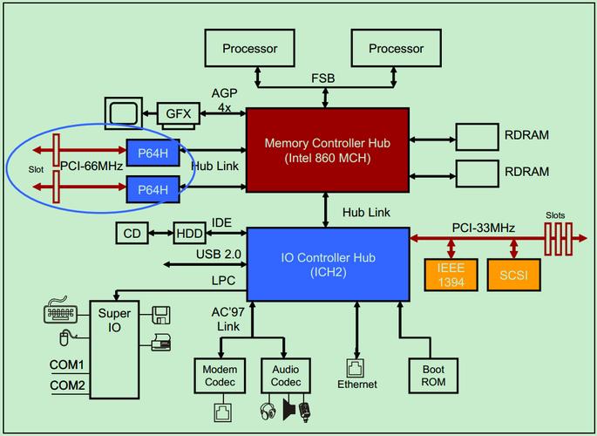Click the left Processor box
tap(249, 49)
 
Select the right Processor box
tap(396, 49)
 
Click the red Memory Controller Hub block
tap(328, 150)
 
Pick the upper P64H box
tap(153, 151)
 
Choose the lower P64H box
tap(153, 187)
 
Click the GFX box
tap(179, 113)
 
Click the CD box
tap(132, 234)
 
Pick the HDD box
tap(188, 234)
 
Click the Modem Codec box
tap(220, 376)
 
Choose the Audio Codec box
tap(286, 376)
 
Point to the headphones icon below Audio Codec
tap(268, 408)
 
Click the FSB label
tap(322, 78)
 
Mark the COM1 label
tap(66, 364)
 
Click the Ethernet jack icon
tap(356, 367)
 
